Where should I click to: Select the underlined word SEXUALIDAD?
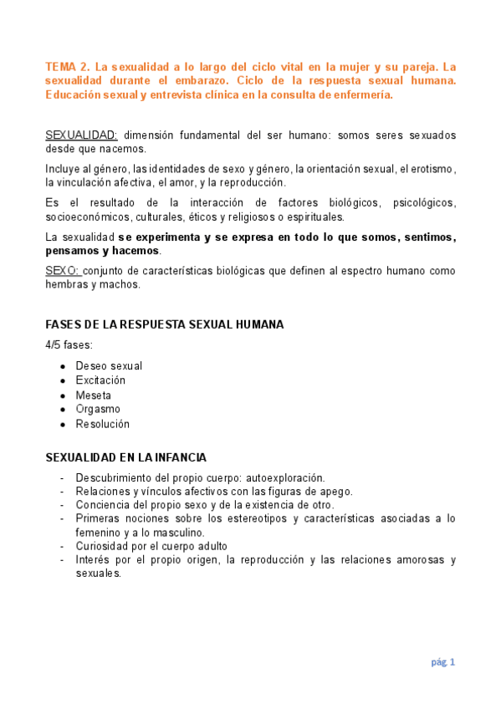81,135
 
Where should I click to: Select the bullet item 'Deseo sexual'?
109,365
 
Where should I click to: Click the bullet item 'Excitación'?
105,380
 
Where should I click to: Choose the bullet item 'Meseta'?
93,395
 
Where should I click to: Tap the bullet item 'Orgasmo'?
98,410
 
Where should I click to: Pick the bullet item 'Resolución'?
103,424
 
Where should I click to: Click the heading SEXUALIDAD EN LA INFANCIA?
125,457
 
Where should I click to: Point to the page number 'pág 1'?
442,662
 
